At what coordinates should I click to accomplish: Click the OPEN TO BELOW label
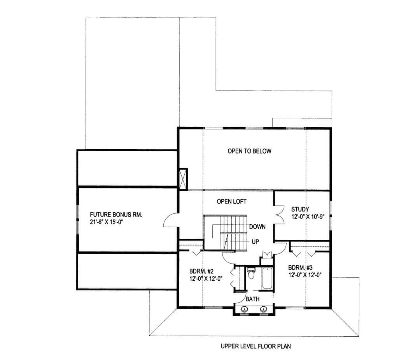point(249,151)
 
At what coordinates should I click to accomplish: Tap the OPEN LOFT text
point(231,201)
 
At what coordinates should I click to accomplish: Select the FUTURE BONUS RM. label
point(116,215)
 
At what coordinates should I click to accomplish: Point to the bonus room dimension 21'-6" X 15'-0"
point(106,222)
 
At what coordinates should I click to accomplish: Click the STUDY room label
point(300,209)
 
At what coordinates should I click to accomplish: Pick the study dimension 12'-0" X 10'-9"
point(308,217)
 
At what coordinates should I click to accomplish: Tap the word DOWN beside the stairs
point(257,227)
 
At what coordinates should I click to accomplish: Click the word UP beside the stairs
point(255,242)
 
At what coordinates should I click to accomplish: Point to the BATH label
point(253,299)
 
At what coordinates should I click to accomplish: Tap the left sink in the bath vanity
point(245,309)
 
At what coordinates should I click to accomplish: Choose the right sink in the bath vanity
point(264,309)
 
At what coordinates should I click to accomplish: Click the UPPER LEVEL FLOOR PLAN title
point(256,346)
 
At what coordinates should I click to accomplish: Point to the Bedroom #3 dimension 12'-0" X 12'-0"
point(305,274)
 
